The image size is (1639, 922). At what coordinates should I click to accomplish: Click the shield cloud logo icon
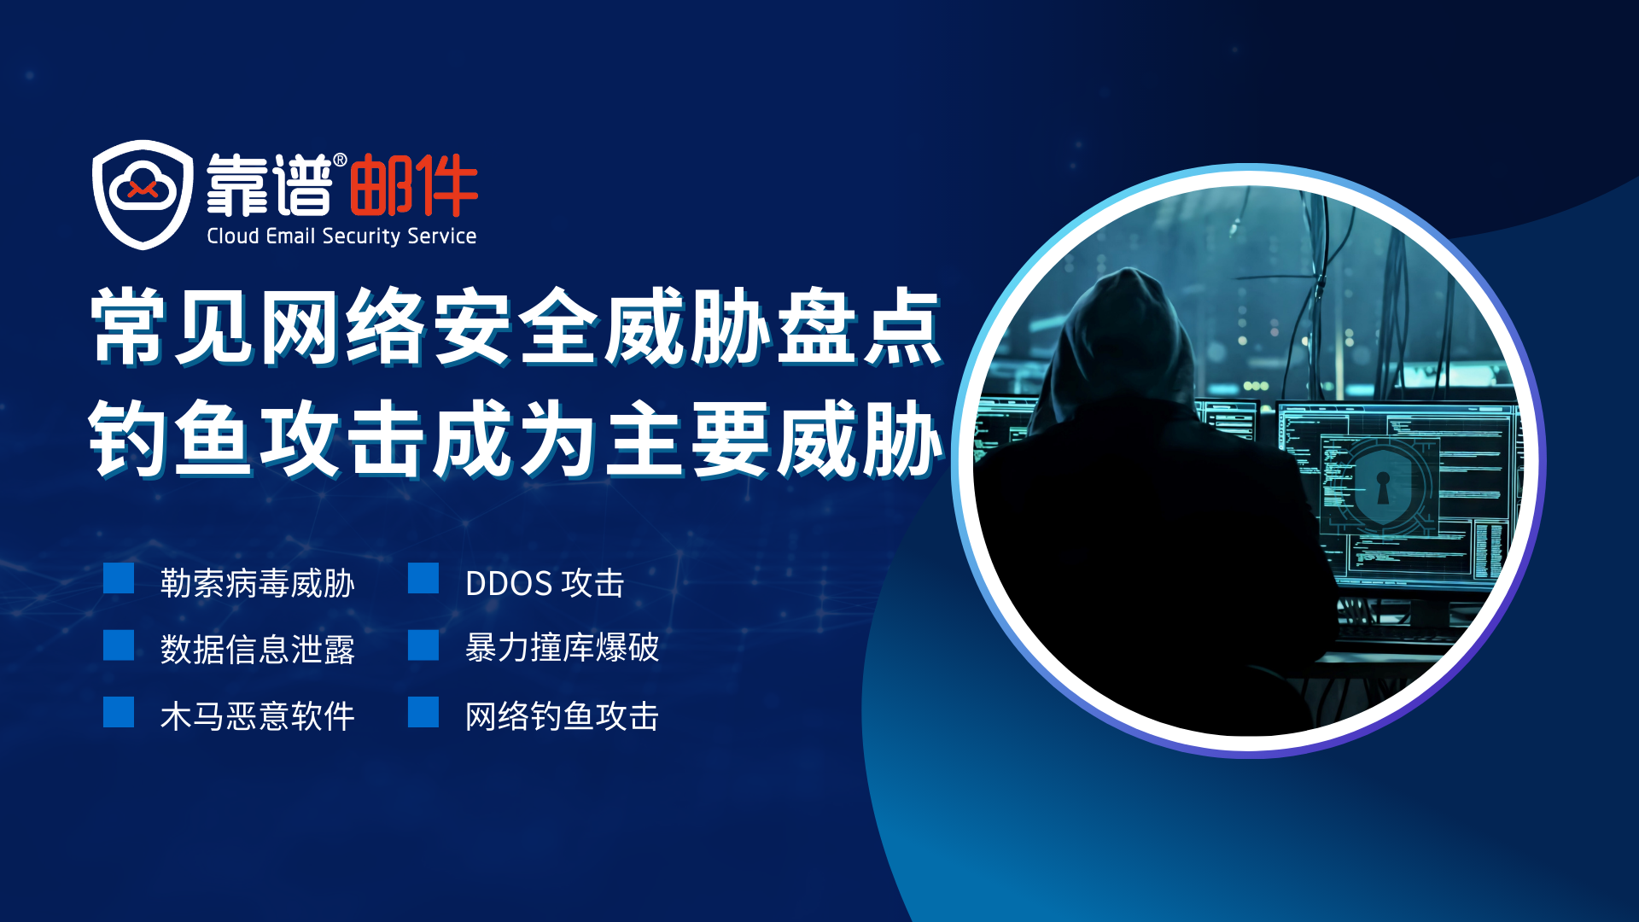(143, 195)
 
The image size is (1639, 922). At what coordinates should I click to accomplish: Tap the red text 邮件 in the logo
(413, 185)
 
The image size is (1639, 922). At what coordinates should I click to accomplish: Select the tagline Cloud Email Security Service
(341, 236)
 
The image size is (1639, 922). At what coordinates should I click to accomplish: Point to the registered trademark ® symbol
(340, 160)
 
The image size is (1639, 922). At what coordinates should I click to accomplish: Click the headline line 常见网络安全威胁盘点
(516, 328)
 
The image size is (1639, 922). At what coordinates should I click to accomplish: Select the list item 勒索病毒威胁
(257, 584)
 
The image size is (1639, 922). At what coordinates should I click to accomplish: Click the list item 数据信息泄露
(257, 650)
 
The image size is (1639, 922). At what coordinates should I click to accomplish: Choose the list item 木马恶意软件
(257, 716)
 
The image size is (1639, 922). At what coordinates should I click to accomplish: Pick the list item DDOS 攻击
(545, 584)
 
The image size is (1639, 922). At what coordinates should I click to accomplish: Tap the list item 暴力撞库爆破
(562, 648)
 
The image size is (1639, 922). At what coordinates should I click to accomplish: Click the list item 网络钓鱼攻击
(562, 716)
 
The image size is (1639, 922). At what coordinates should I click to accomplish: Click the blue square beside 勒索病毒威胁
(119, 578)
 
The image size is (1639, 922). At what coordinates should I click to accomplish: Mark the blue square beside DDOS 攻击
(423, 578)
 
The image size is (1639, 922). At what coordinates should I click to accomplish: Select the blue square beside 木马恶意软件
(119, 712)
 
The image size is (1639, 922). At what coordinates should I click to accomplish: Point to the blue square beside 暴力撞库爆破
(423, 645)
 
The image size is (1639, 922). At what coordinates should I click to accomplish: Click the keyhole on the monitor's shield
(1383, 487)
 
